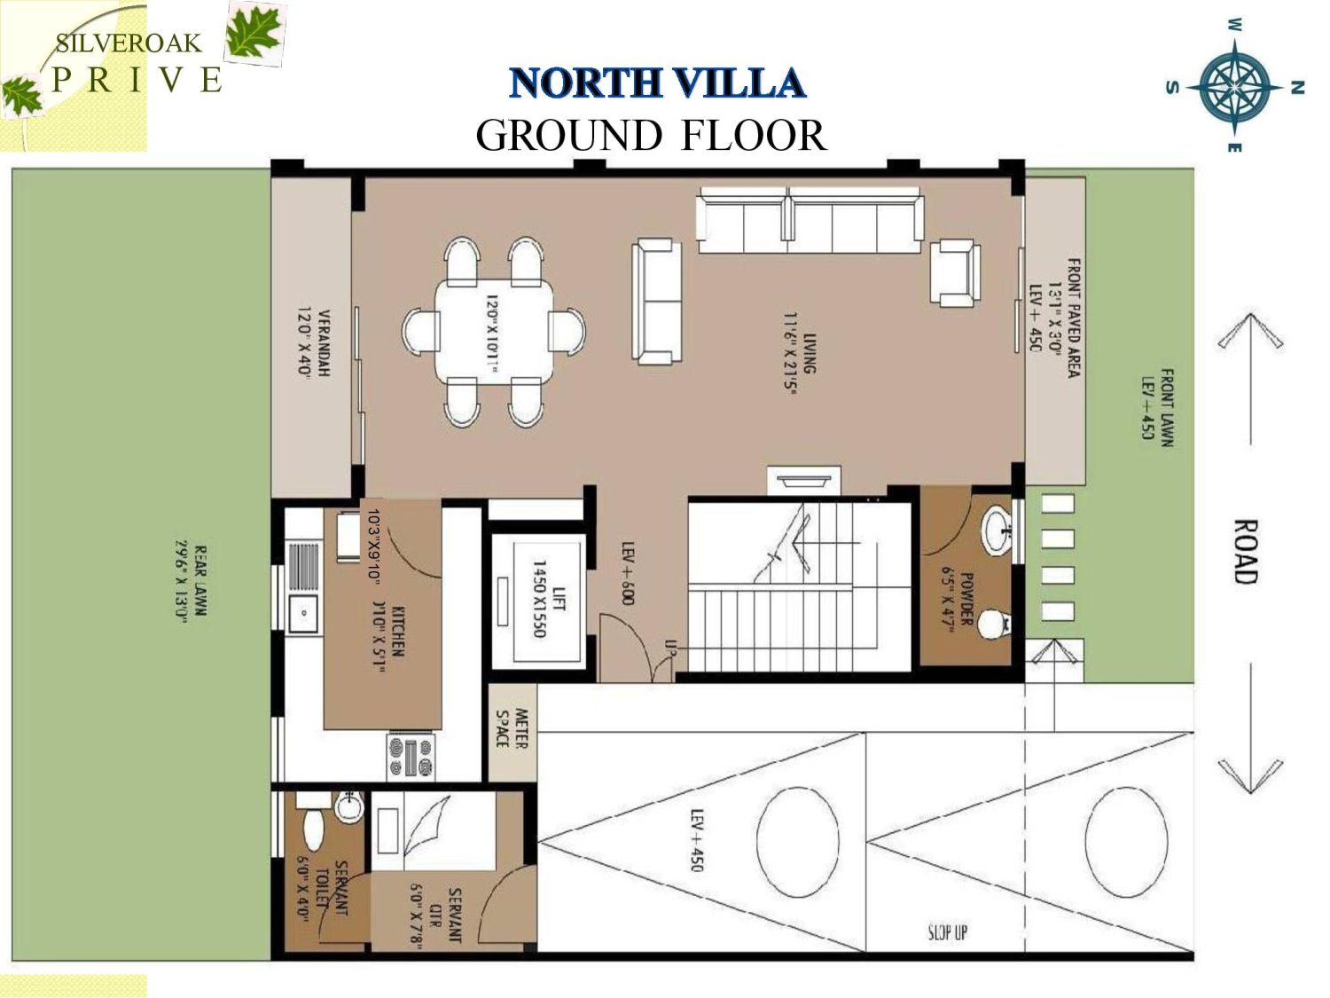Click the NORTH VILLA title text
[x=657, y=83]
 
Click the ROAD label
[x=1246, y=552]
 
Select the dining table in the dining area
[x=493, y=329]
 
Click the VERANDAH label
[x=314, y=344]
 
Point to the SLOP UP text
[x=948, y=931]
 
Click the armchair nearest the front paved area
[x=955, y=273]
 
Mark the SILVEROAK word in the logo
[x=129, y=43]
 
